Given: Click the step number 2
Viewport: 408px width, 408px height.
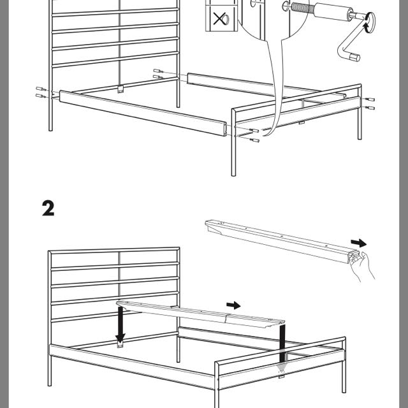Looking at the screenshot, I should [48, 208].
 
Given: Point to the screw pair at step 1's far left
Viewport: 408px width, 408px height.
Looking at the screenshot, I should [41, 91].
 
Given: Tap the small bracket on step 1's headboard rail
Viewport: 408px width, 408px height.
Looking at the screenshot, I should [120, 88].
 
